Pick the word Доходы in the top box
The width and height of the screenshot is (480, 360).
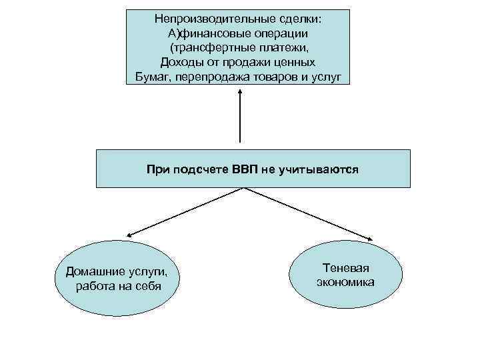click(x=182, y=63)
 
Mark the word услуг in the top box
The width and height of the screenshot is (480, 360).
click(x=326, y=77)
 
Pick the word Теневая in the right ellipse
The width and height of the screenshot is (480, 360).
click(x=345, y=267)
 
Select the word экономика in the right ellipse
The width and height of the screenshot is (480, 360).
click(x=345, y=282)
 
